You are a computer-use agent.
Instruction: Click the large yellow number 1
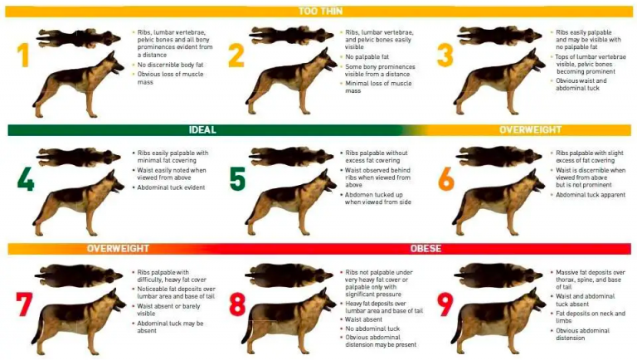[25, 55]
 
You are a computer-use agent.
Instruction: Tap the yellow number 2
[236, 55]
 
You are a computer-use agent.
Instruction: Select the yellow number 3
[445, 55]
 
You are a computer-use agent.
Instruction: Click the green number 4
[25, 178]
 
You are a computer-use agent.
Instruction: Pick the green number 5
[238, 178]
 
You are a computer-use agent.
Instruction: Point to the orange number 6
[446, 178]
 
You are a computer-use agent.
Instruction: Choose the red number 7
[24, 304]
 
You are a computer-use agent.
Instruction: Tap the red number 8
[237, 304]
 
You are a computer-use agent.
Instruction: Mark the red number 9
[445, 304]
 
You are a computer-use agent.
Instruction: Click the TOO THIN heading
[318, 11]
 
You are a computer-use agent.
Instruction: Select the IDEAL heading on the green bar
[202, 130]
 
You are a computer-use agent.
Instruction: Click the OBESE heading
[425, 248]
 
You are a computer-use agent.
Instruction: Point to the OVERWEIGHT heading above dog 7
[118, 248]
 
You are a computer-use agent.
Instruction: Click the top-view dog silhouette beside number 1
[79, 36]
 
